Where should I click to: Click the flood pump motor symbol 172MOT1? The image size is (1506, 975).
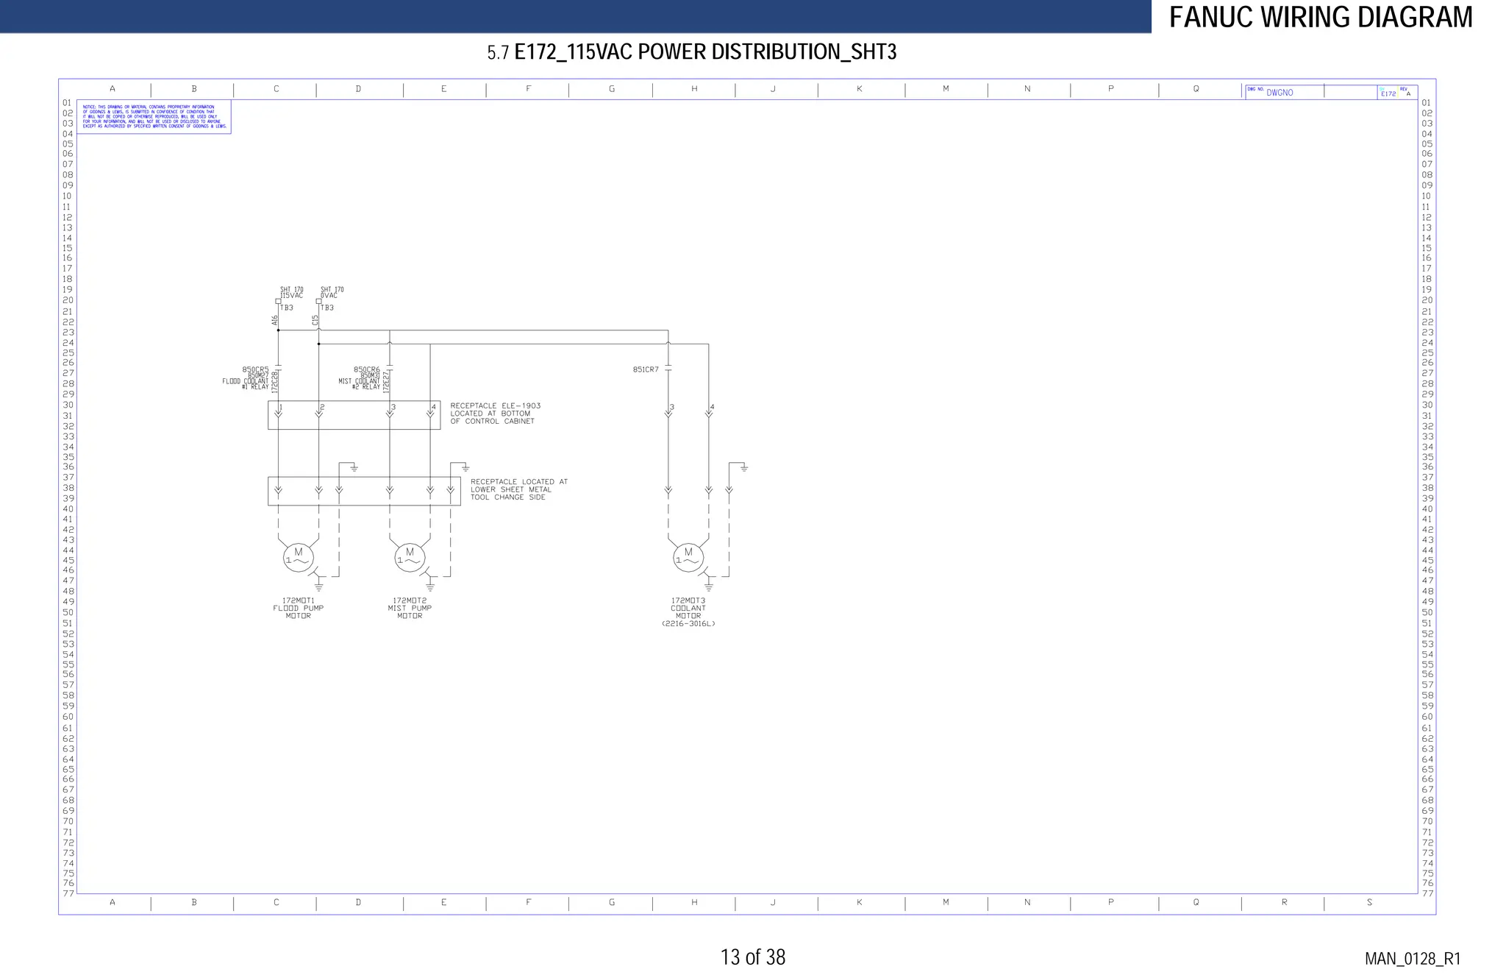point(299,558)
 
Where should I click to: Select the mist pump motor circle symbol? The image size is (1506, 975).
point(410,558)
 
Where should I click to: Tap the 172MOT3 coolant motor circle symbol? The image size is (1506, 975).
point(688,558)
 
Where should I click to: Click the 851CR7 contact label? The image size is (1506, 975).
point(646,369)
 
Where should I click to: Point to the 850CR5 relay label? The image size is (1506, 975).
point(255,369)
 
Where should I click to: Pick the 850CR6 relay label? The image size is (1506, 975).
point(366,369)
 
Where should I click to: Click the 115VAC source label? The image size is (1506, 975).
point(292,296)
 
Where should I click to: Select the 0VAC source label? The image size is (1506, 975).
point(329,296)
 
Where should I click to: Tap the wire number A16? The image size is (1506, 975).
point(275,320)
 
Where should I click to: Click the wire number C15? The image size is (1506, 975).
point(315,320)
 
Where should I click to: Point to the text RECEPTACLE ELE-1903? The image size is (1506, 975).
point(495,405)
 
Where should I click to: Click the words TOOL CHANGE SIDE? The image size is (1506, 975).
point(507,497)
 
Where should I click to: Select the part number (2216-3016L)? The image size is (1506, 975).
point(688,624)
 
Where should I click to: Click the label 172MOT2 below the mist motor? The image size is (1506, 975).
point(410,600)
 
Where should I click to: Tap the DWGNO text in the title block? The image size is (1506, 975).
point(1280,93)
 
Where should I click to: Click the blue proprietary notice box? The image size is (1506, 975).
point(154,117)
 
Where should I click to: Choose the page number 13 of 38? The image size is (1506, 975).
point(752,957)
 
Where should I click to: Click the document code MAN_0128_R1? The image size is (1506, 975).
point(1412,959)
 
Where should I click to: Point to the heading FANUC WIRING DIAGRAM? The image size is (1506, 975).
point(1321,17)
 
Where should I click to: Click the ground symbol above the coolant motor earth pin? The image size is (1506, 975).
point(744,468)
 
